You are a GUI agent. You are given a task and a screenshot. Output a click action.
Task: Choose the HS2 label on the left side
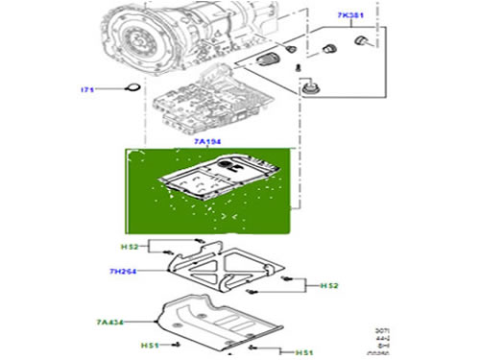(x=131, y=248)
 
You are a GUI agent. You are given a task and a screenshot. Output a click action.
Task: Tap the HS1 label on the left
(x=150, y=345)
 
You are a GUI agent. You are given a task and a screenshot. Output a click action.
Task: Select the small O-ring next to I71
(x=133, y=91)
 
